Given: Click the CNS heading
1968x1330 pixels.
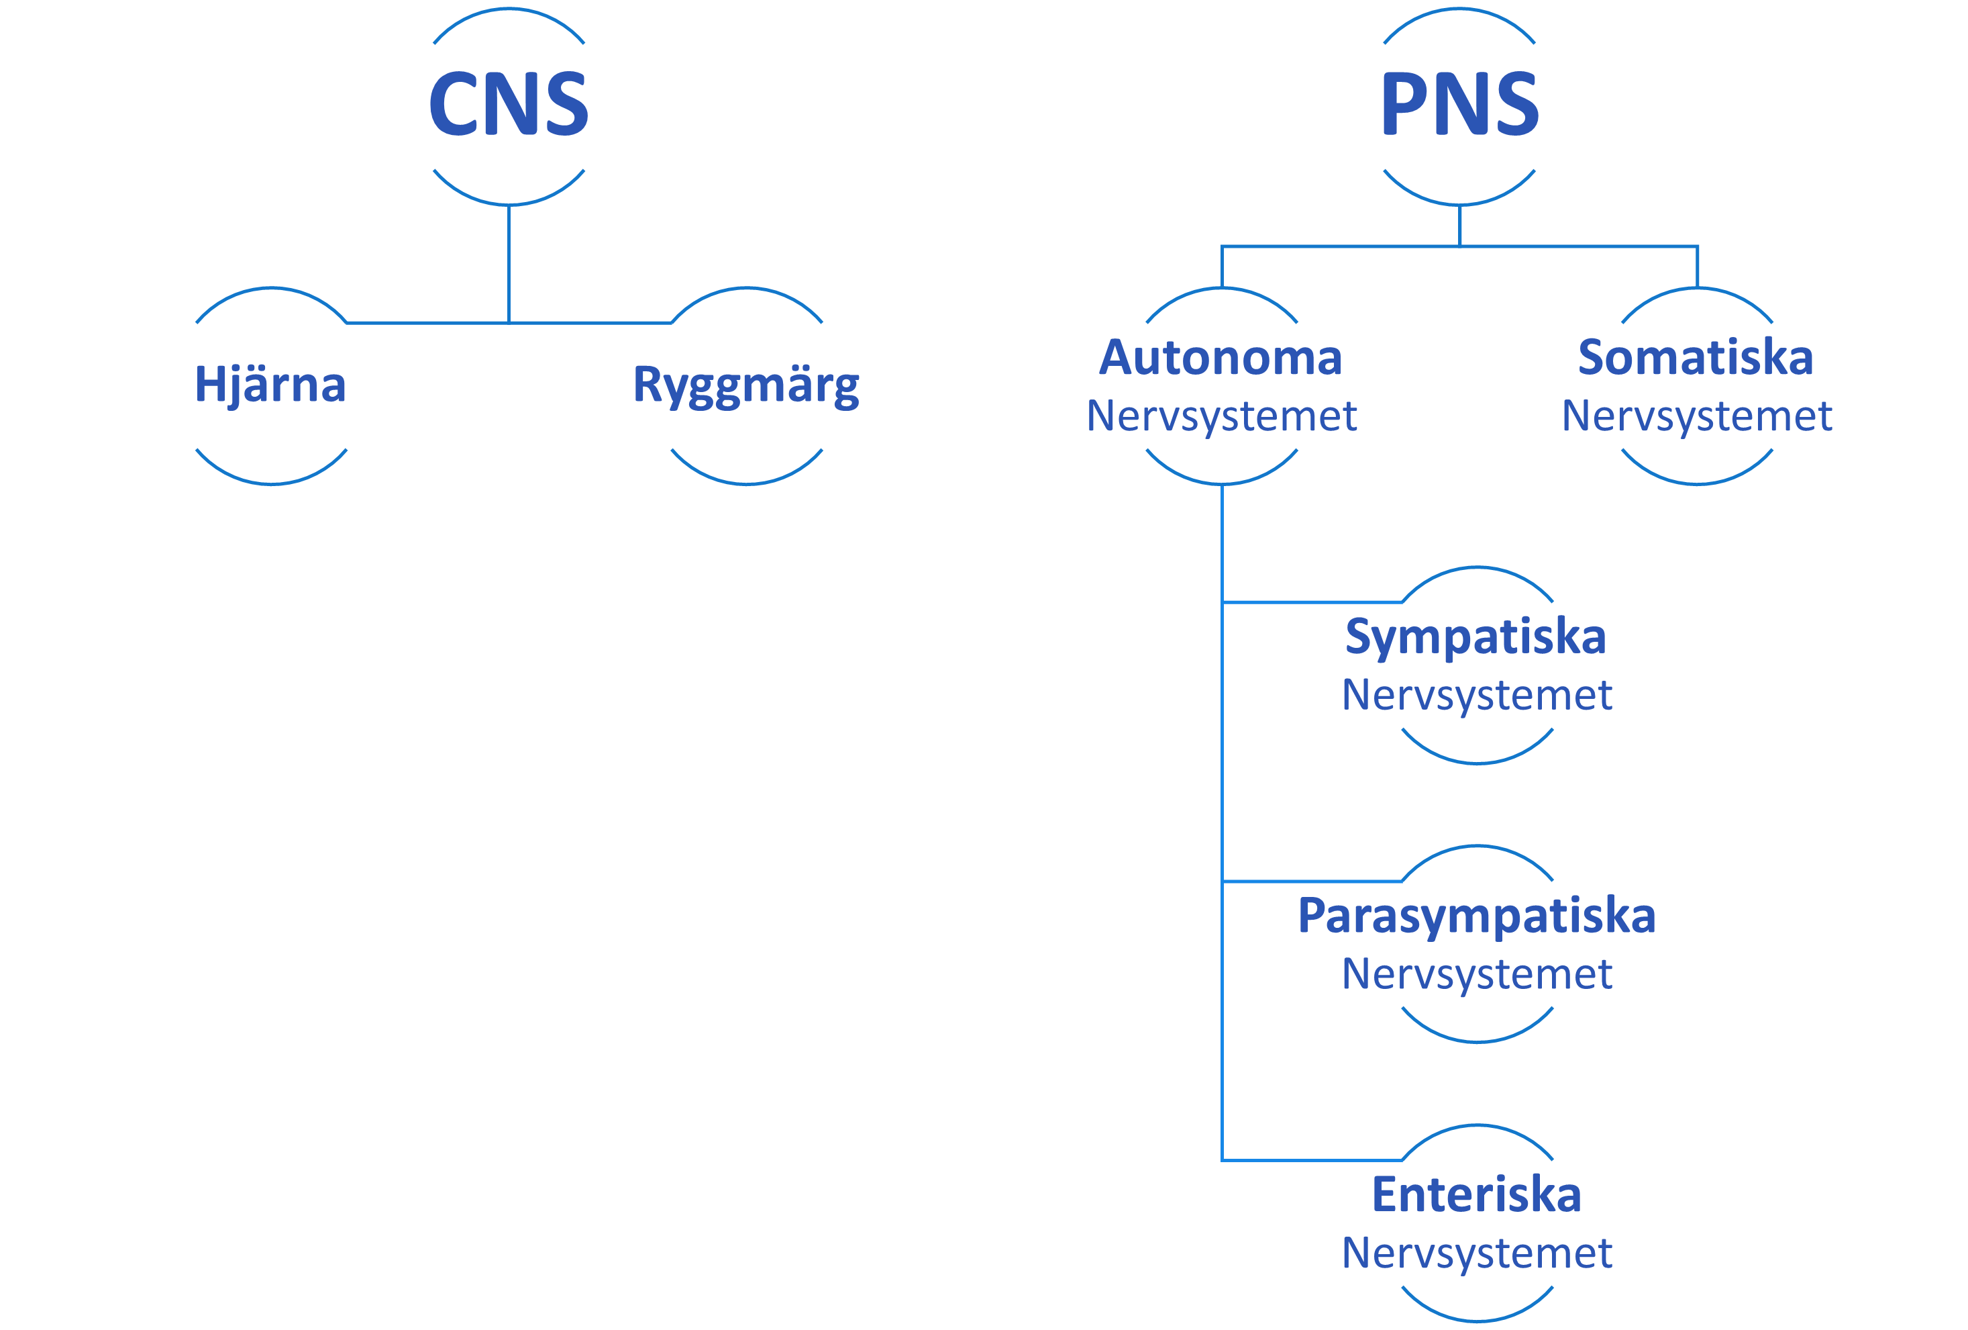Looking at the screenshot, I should (508, 103).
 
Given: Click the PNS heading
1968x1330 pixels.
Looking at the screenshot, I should (1459, 103).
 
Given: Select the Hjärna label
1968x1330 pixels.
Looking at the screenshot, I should (271, 385).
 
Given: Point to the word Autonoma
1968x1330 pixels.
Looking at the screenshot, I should (1221, 357).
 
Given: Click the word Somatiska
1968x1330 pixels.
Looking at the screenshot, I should (1696, 357).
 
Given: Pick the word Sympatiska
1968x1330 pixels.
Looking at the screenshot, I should (1476, 637).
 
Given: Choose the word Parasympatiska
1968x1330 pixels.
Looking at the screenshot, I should (1476, 916).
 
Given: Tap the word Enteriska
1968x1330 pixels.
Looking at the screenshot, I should (1476, 1194).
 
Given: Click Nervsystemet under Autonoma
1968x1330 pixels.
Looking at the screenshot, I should (1221, 416).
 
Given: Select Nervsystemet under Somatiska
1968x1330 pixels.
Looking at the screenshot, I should (1696, 416).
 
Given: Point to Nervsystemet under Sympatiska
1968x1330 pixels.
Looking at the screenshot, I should (1477, 696).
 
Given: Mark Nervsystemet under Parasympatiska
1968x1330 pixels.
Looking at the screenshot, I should (1477, 974).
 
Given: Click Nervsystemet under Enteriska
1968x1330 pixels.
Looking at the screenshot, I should (1477, 1253).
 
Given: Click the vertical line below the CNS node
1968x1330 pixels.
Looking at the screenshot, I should (509, 263).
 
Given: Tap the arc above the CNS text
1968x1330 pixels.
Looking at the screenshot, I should (509, 9).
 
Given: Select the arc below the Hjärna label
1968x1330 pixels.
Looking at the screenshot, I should (271, 483).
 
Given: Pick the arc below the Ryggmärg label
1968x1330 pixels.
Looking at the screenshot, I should (746, 483).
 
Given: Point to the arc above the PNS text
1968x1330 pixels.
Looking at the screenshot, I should (1459, 9).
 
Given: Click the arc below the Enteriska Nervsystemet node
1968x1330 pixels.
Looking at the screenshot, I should (1477, 1320).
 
